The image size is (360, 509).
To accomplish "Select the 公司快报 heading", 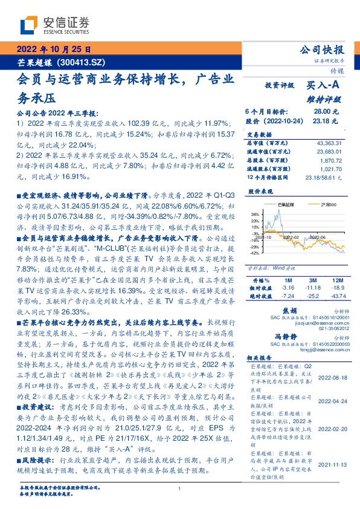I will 322,50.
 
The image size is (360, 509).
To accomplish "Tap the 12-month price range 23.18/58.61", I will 324,178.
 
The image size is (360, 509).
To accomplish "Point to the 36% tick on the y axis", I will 256,213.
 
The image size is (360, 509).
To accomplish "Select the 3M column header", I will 313,281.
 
